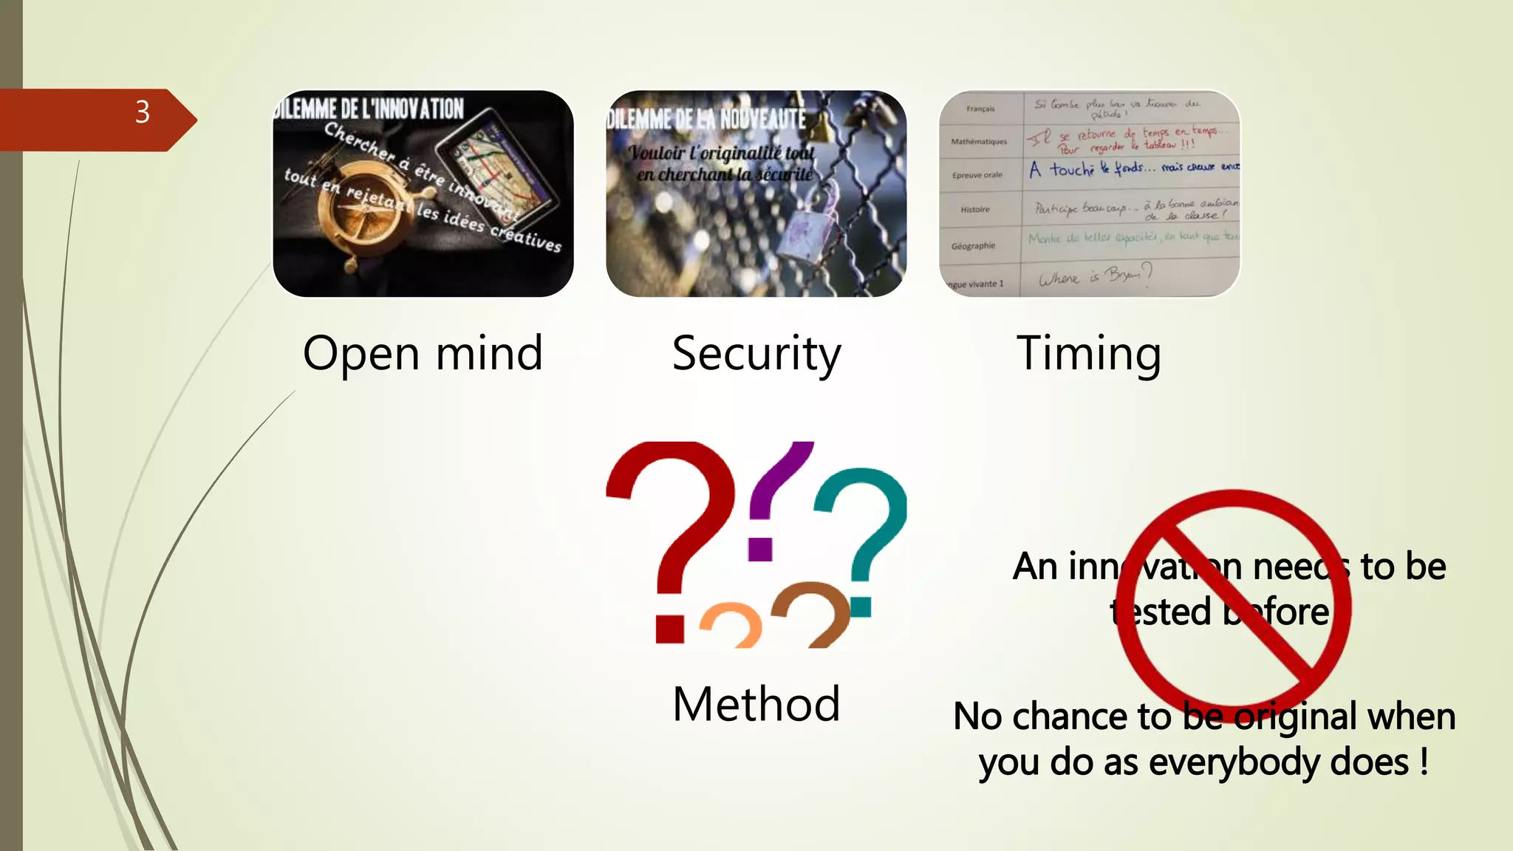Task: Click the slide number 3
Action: [x=143, y=112]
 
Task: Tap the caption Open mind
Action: [x=423, y=353]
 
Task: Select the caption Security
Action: [x=756, y=353]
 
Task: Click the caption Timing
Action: [x=1088, y=353]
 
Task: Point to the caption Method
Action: [x=756, y=703]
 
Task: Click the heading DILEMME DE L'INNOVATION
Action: [x=369, y=109]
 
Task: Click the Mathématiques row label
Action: [x=979, y=141]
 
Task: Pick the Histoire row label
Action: [x=975, y=209]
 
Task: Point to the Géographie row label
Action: [x=973, y=246]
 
